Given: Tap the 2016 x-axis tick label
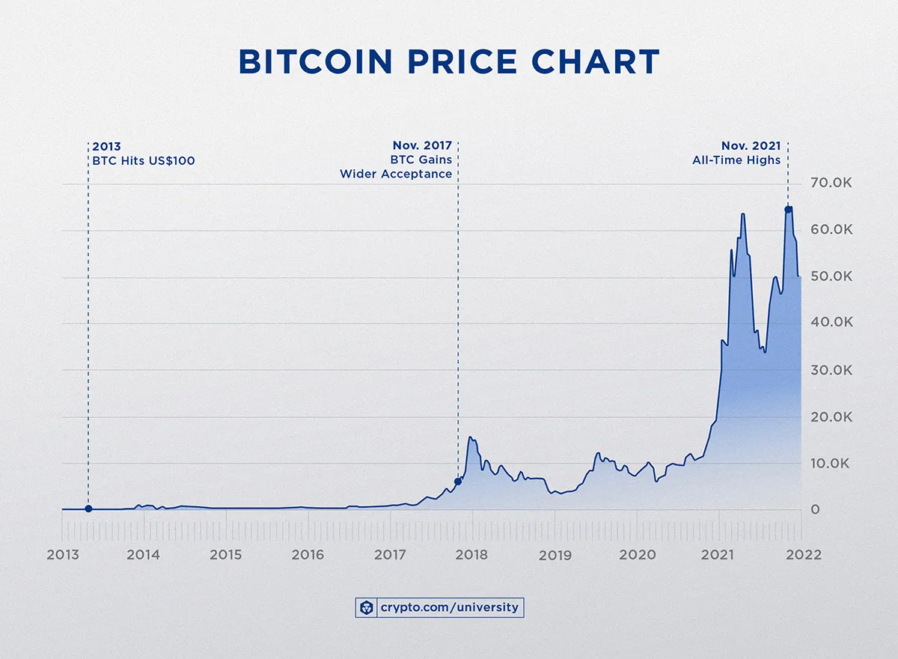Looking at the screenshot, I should (x=308, y=555).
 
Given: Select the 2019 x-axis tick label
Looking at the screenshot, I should (x=555, y=555).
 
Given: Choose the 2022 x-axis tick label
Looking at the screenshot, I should (x=801, y=555).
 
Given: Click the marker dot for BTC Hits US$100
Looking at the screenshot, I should (x=88, y=508).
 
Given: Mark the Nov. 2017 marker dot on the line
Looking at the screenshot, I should (x=457, y=482).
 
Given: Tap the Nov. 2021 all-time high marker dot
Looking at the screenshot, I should (x=788, y=210).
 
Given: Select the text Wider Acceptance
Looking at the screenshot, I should (x=396, y=174).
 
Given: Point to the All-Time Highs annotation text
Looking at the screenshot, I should (x=736, y=160).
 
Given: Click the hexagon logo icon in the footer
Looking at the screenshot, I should (x=367, y=607).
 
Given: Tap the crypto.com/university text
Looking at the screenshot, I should (x=449, y=607).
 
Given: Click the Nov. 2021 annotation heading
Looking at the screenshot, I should (x=751, y=145).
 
